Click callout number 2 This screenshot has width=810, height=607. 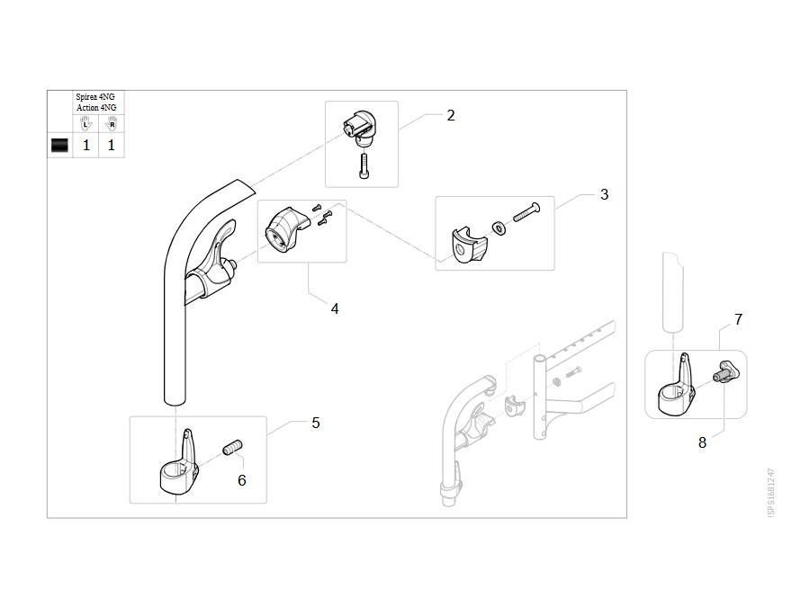pyautogui.click(x=451, y=116)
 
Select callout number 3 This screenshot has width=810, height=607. pyautogui.click(x=605, y=194)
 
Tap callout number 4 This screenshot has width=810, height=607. pyautogui.click(x=335, y=309)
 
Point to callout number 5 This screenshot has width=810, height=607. pyautogui.click(x=316, y=424)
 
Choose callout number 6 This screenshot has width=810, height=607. pyautogui.click(x=242, y=480)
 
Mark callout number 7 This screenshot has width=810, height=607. pyautogui.click(x=738, y=319)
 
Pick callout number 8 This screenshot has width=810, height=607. pyautogui.click(x=702, y=442)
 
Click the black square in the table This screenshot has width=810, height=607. pyautogui.click(x=59, y=145)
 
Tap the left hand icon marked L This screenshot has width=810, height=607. pyautogui.click(x=85, y=124)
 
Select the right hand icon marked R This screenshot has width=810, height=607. pyautogui.click(x=111, y=124)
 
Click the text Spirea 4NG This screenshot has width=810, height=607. pyautogui.click(x=95, y=97)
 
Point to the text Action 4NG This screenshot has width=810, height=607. pyautogui.click(x=96, y=107)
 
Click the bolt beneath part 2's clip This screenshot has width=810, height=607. pyautogui.click(x=364, y=165)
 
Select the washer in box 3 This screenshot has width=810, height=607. pyautogui.click(x=499, y=228)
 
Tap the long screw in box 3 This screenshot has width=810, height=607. pyautogui.click(x=526, y=211)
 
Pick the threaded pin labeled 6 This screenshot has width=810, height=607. pyautogui.click(x=232, y=447)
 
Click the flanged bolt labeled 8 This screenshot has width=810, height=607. pyautogui.click(x=724, y=371)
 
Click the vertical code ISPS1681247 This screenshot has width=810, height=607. pyautogui.click(x=770, y=493)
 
